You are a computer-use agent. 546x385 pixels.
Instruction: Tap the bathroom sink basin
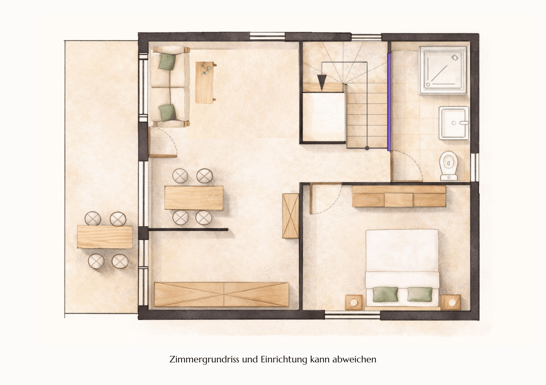click(x=453, y=123)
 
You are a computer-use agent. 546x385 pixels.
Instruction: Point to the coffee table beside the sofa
click(x=205, y=83)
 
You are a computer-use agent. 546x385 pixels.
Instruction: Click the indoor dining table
click(x=194, y=198)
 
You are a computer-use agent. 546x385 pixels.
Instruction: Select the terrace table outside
click(x=105, y=237)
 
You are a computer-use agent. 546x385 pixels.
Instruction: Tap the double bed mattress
click(x=402, y=269)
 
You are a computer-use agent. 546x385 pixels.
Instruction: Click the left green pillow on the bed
click(x=385, y=294)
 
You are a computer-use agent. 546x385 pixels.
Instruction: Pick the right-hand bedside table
click(x=452, y=302)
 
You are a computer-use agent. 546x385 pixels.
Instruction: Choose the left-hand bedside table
click(x=354, y=302)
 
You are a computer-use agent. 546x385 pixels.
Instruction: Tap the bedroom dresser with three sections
click(x=399, y=196)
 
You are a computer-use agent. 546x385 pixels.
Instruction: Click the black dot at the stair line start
click(x=367, y=148)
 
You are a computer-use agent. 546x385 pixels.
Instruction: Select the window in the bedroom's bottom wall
click(x=352, y=316)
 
